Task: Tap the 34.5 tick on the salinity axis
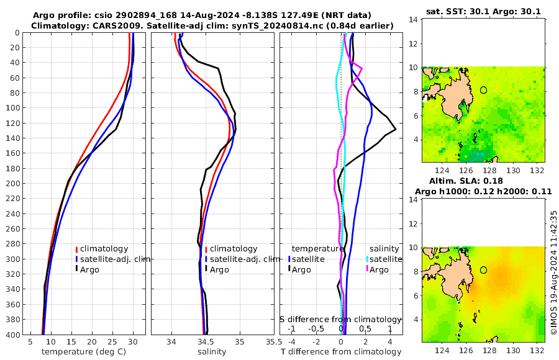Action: pos(206,341)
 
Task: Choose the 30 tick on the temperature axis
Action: pos(133,341)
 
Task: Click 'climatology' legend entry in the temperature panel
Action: pos(104,248)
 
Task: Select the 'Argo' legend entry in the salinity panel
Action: pos(219,269)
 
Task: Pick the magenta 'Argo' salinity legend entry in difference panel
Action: pos(379,269)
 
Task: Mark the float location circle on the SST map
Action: pos(484,90)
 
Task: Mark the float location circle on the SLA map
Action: pos(484,270)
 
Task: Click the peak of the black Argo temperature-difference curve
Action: pos(396,128)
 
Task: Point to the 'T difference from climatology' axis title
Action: pos(341,352)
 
